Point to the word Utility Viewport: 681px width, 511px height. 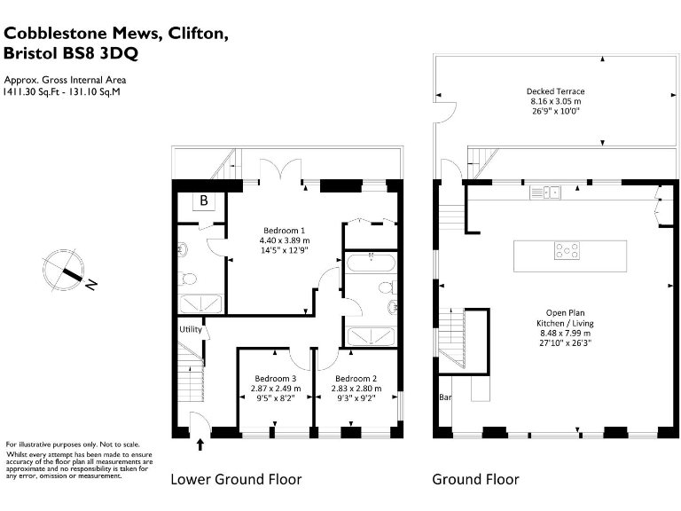(x=191, y=329)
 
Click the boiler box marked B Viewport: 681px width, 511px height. (x=203, y=201)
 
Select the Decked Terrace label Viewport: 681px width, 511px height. (x=555, y=91)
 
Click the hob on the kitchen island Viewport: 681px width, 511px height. (x=567, y=251)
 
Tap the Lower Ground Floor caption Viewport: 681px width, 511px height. (x=236, y=480)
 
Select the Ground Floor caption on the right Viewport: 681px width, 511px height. (x=475, y=480)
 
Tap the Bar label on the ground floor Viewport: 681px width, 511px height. (x=445, y=397)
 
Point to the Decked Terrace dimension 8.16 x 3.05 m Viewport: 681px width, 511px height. (x=555, y=102)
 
